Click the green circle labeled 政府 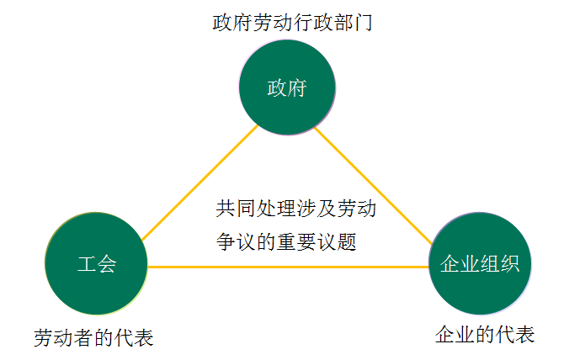click(287, 88)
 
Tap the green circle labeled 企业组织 click(479, 263)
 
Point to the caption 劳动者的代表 click(93, 337)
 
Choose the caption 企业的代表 click(484, 334)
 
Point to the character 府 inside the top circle click(297, 88)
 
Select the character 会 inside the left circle click(107, 264)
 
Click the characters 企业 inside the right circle click(460, 263)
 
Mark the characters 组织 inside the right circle click(499, 263)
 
